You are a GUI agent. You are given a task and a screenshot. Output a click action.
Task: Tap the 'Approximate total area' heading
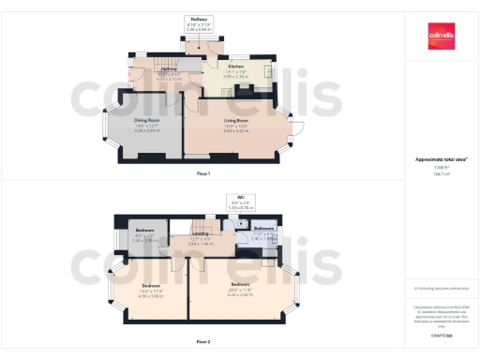[442, 159]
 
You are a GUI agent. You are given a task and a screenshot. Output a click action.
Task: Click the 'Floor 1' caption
[203, 174]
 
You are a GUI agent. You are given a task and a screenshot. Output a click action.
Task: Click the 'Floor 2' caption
[203, 342]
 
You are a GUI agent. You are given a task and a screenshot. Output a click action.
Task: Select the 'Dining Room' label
[144, 120]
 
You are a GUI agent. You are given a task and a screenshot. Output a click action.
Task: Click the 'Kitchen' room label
[236, 67]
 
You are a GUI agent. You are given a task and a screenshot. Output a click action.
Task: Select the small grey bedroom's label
[144, 230]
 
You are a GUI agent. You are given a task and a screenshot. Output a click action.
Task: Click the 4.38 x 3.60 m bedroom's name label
[151, 285]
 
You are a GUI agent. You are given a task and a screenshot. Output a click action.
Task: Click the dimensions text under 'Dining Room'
[144, 128]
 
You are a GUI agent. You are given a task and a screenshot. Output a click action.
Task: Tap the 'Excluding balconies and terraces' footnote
[442, 288]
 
